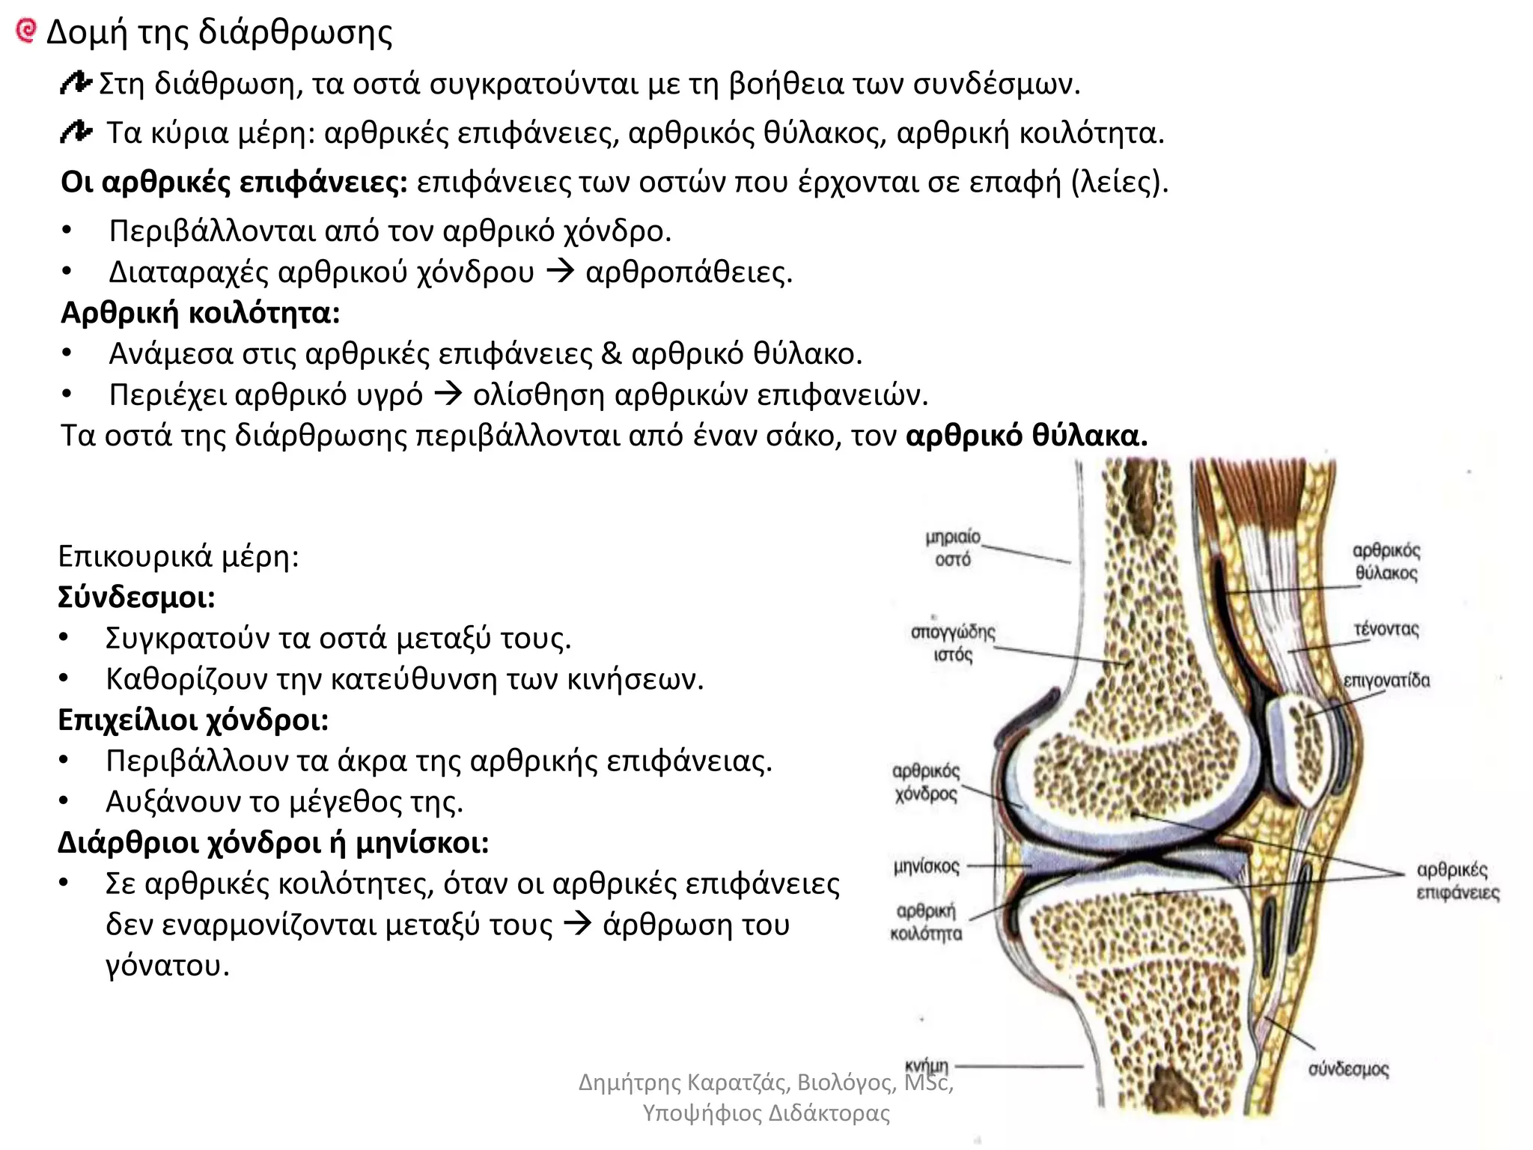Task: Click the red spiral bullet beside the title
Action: (x=25, y=31)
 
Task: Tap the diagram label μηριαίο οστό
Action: (x=952, y=548)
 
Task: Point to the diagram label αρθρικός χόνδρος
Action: (x=926, y=782)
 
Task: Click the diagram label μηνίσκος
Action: (x=926, y=867)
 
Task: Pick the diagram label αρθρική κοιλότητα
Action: (x=926, y=922)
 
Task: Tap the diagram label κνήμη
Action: (x=927, y=1065)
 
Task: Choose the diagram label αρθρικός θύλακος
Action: (x=1386, y=562)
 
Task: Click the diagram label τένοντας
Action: (x=1386, y=629)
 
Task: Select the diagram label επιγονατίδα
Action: (x=1386, y=681)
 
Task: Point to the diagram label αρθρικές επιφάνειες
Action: (x=1457, y=881)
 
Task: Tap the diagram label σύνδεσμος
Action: (x=1348, y=1069)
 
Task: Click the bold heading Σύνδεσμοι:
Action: (x=136, y=597)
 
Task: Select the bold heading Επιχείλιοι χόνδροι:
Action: (x=193, y=719)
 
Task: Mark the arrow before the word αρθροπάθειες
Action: (x=560, y=271)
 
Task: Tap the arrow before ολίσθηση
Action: (x=448, y=394)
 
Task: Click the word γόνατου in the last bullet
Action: (x=167, y=966)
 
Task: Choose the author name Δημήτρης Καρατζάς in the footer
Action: (x=685, y=1083)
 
